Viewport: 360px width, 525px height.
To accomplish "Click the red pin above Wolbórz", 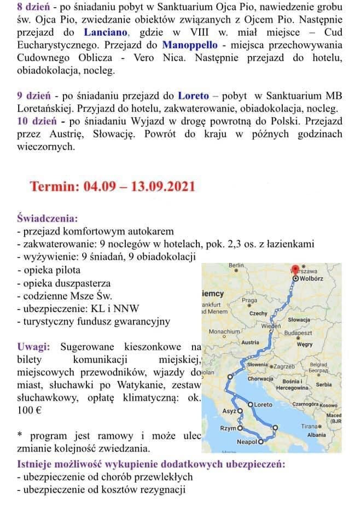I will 296,269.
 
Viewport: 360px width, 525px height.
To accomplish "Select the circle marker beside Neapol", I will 261,441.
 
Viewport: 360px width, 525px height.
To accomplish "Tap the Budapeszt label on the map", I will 298,332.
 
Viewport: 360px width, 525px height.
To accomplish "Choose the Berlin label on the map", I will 236,265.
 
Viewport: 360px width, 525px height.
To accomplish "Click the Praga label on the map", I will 249,300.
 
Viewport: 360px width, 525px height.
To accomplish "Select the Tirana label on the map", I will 308,425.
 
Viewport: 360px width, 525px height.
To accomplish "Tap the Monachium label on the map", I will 224,331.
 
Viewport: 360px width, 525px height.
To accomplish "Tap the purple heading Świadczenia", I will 47,217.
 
